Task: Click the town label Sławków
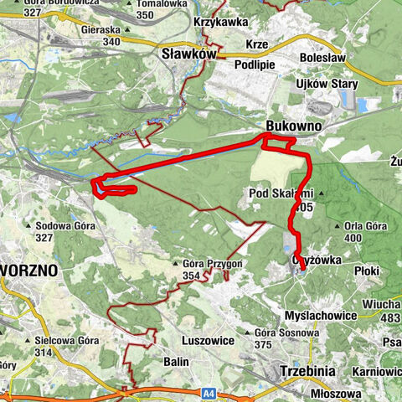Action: click(x=188, y=54)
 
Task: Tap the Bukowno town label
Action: click(x=290, y=123)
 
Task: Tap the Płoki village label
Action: click(x=367, y=271)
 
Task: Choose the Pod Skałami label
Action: click(x=273, y=193)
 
